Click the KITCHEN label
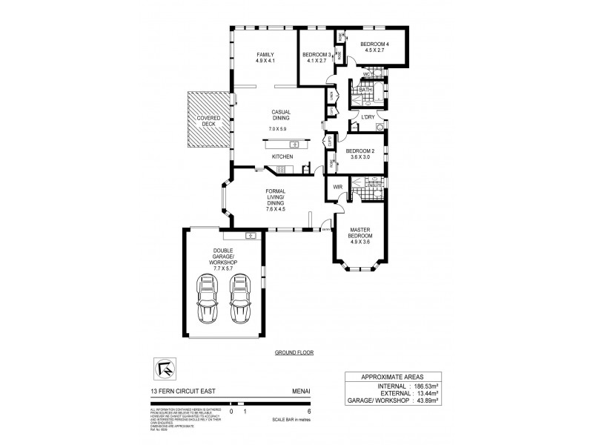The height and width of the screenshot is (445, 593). [282, 156]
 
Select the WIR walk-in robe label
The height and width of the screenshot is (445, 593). [338, 188]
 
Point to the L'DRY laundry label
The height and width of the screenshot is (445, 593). [368, 116]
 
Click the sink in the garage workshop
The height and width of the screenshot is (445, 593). [251, 236]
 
